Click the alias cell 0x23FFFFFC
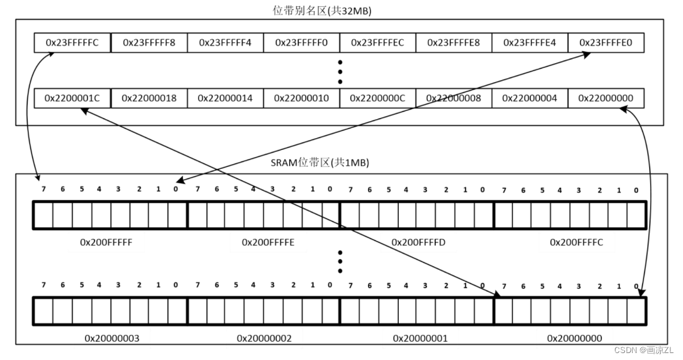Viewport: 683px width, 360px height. pyautogui.click(x=72, y=43)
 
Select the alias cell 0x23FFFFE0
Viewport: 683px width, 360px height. pyautogui.click(x=606, y=43)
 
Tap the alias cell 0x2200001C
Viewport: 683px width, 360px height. pyautogui.click(x=72, y=98)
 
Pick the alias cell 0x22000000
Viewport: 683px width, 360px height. pyautogui.click(x=606, y=98)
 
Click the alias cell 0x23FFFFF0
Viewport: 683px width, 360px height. pyautogui.click(x=301, y=43)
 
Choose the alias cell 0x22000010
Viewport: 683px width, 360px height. pyautogui.click(x=301, y=98)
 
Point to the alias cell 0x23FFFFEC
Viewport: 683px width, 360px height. pyautogui.click(x=377, y=43)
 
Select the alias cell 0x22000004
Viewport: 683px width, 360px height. pyautogui.click(x=530, y=98)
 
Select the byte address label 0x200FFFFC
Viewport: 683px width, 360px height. pyautogui.click(x=576, y=241)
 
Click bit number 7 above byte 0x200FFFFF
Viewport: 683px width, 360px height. pyautogui.click(x=43, y=190)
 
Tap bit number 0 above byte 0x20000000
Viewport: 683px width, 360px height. pyautogui.click(x=636, y=287)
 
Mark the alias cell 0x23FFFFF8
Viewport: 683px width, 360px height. pyautogui.click(x=149, y=43)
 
